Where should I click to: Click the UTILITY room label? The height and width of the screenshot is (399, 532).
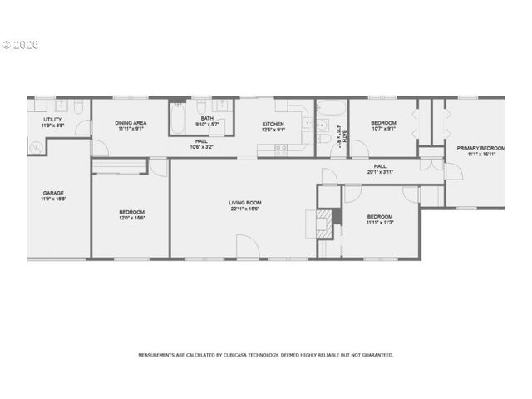click(x=52, y=120)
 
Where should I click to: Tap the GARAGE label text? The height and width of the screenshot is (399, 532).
click(x=53, y=193)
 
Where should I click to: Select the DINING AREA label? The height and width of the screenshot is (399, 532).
click(x=131, y=123)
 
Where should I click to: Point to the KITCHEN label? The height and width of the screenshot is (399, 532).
click(x=273, y=123)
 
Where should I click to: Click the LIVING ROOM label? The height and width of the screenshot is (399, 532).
click(x=245, y=202)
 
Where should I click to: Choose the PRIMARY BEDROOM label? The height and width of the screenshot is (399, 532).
click(x=480, y=148)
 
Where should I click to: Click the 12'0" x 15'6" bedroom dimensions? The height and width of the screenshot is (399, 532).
click(x=131, y=218)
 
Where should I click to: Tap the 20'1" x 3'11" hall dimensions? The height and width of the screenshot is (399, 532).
click(x=380, y=172)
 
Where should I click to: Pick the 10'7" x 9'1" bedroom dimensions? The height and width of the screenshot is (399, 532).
click(x=383, y=129)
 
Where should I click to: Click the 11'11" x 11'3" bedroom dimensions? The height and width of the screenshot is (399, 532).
click(x=379, y=222)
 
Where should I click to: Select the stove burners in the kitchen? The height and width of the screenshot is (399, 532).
click(x=280, y=150)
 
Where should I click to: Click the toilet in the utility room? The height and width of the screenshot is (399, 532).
click(x=76, y=109)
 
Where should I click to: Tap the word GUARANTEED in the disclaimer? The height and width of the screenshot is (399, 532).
click(x=377, y=355)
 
